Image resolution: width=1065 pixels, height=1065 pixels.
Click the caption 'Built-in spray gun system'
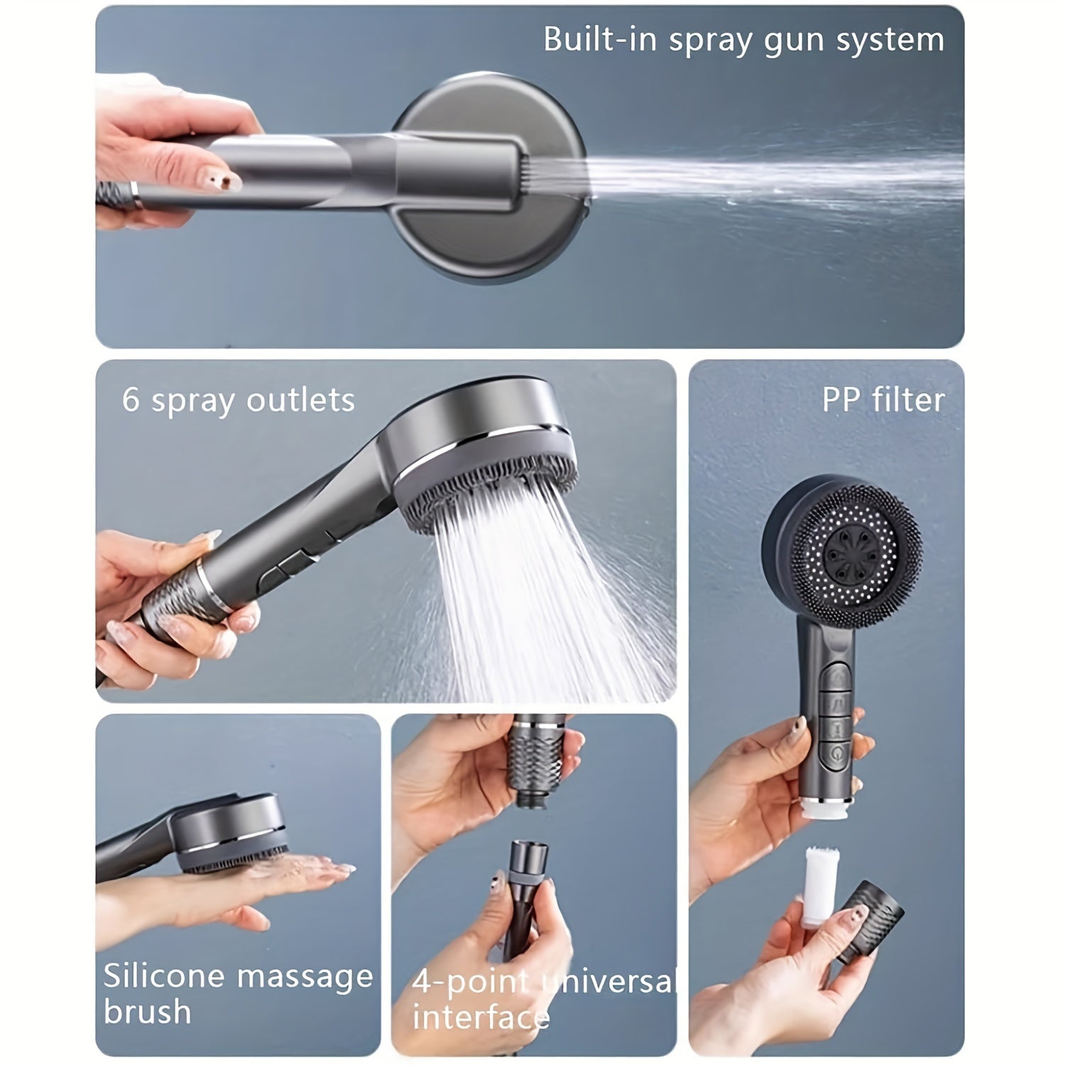coord(743,39)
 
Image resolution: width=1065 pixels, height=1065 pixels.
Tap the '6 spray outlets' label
coord(238,400)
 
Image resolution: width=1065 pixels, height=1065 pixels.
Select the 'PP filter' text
coord(883,400)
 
